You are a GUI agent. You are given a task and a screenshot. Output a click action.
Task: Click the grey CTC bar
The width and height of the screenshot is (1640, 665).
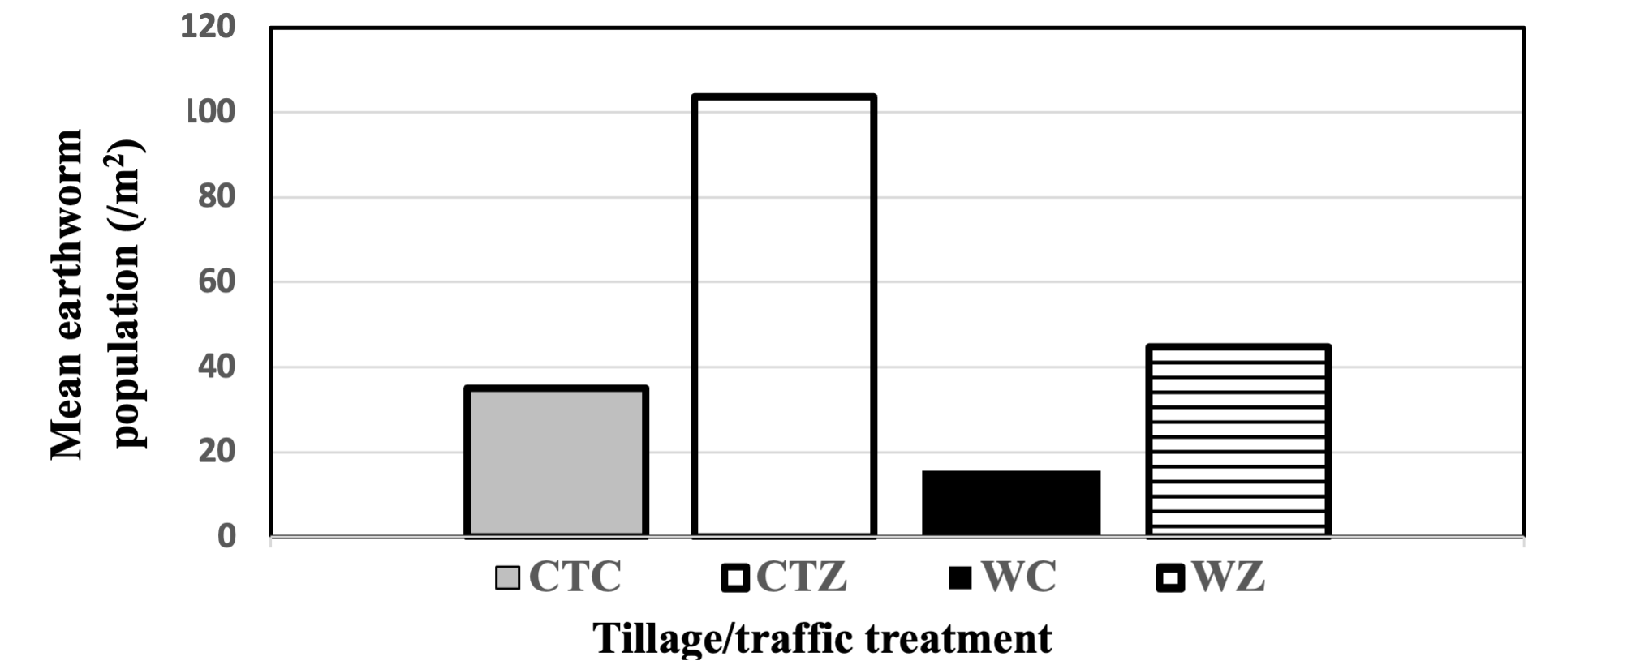556,461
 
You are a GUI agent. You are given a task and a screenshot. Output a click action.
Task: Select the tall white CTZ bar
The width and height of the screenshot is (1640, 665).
784,316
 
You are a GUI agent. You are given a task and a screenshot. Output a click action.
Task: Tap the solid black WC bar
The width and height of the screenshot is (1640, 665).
1011,503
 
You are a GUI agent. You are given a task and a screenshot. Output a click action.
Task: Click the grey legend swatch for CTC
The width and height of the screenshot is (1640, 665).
508,578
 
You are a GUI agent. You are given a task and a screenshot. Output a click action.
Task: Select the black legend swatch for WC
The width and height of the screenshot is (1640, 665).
961,578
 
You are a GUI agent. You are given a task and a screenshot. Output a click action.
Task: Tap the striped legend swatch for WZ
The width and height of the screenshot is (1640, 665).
1170,578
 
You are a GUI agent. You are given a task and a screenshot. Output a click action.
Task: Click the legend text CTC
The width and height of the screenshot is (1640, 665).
575,577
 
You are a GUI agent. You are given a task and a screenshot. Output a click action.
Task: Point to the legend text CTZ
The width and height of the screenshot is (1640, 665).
802,577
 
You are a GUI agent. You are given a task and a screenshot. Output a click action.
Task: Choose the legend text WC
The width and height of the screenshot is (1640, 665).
1019,577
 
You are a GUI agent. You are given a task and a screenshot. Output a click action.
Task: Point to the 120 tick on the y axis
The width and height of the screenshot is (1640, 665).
208,27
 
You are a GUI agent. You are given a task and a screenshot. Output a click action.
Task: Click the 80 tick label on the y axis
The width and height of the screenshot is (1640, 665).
217,197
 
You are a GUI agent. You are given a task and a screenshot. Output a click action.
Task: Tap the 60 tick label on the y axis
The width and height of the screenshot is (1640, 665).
217,282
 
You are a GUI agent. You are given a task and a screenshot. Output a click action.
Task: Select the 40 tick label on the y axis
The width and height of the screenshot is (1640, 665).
217,367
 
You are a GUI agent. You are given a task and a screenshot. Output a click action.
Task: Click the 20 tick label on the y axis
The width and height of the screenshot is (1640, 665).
217,453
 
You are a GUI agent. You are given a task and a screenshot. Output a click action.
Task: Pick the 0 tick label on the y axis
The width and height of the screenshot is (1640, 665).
226,536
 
